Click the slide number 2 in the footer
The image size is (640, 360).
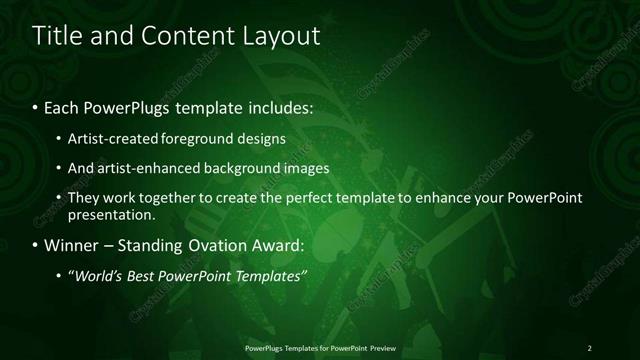click(x=589, y=348)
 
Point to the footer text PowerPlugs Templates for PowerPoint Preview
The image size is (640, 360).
click(x=320, y=348)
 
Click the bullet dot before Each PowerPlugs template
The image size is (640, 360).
click(x=37, y=106)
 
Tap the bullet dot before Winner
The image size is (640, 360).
click(x=37, y=245)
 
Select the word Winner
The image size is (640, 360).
click(x=73, y=245)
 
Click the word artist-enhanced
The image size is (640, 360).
click(x=144, y=168)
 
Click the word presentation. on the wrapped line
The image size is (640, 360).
click(x=112, y=214)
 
